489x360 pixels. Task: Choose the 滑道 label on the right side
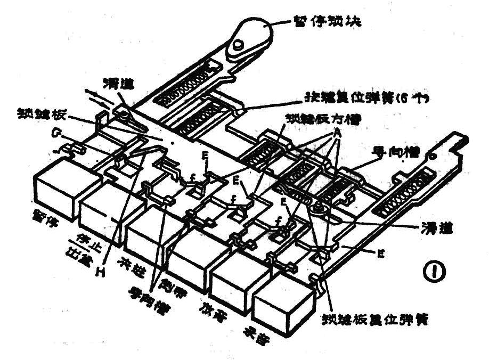434,227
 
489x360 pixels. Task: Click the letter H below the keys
99,273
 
